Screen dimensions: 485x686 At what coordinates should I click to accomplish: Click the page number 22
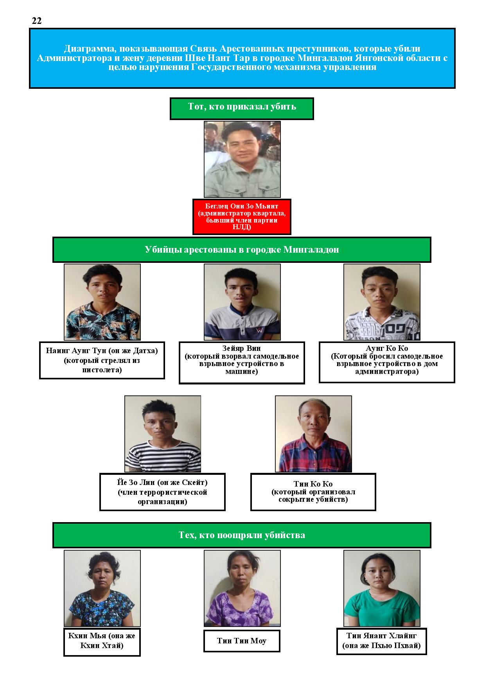point(37,21)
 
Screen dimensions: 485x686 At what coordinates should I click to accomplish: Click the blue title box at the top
point(242,58)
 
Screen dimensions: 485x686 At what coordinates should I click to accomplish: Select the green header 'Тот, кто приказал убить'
point(242,108)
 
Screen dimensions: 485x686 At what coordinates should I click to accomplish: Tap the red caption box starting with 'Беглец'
point(242,217)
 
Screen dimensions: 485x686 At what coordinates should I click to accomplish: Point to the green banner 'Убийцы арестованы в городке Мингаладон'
point(242,250)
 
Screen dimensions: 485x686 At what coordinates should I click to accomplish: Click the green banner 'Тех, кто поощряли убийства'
point(242,535)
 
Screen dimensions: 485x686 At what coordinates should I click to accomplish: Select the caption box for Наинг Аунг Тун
point(102,360)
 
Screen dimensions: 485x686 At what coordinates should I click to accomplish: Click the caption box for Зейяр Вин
point(242,363)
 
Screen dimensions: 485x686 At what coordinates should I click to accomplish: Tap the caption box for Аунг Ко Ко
point(387,362)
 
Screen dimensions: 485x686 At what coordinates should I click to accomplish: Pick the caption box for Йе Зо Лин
point(163,492)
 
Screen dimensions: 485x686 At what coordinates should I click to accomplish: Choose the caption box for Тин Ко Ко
point(313,492)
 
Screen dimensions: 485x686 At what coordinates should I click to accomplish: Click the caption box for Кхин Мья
point(102,642)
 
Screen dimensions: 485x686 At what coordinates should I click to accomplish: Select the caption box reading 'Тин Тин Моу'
point(242,641)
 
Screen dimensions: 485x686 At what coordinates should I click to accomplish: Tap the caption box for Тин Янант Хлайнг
point(381,641)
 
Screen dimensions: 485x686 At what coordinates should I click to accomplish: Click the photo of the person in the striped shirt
point(163,434)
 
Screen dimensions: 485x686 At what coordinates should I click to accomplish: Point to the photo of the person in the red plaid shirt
point(313,434)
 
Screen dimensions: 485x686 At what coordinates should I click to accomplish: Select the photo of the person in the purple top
point(242,588)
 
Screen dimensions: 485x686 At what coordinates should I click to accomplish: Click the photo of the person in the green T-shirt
point(382,588)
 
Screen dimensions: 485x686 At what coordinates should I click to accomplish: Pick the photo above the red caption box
point(242,159)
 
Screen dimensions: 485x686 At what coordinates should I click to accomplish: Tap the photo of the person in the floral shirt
point(102,302)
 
